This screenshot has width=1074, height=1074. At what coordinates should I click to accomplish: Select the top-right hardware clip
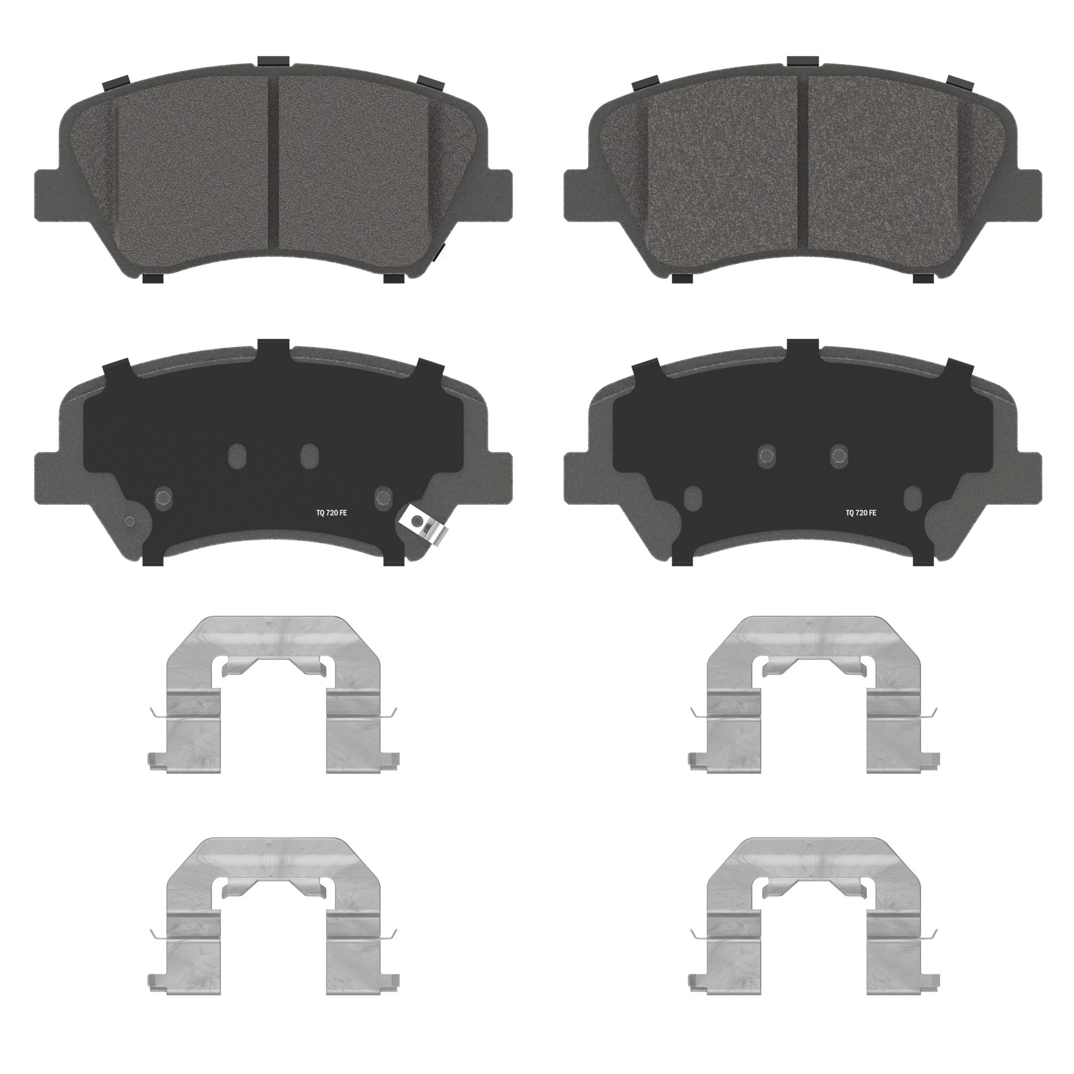(x=813, y=695)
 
